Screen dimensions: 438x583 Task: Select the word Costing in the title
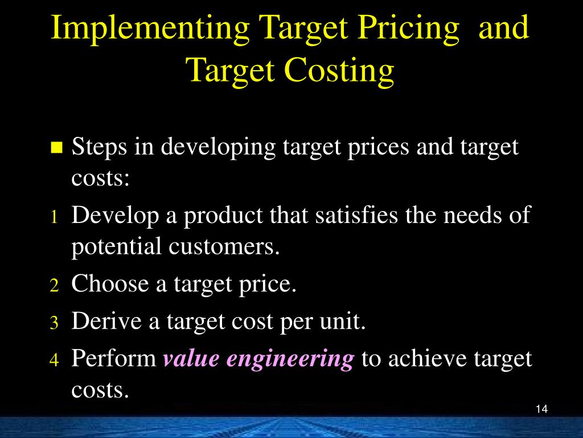pyautogui.click(x=339, y=71)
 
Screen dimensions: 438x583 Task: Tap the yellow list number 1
pyautogui.click(x=54, y=217)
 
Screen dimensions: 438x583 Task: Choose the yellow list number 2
pyautogui.click(x=54, y=286)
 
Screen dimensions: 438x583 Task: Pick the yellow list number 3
pyautogui.click(x=54, y=323)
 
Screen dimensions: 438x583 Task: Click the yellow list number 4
pyautogui.click(x=54, y=361)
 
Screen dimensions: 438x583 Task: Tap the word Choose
pyautogui.click(x=109, y=283)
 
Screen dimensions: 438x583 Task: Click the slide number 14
pyautogui.click(x=541, y=409)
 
